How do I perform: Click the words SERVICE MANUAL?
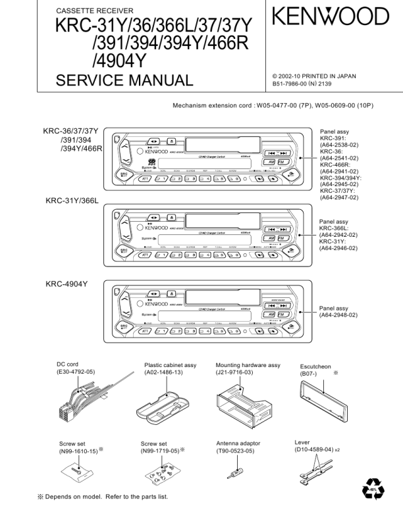pos(124,81)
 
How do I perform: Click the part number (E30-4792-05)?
pos(75,372)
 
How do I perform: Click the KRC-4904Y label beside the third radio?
pos(67,284)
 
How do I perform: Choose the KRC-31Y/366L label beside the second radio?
pos(71,200)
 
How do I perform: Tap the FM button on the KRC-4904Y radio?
pos(282,315)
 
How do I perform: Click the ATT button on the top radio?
pos(144,178)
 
